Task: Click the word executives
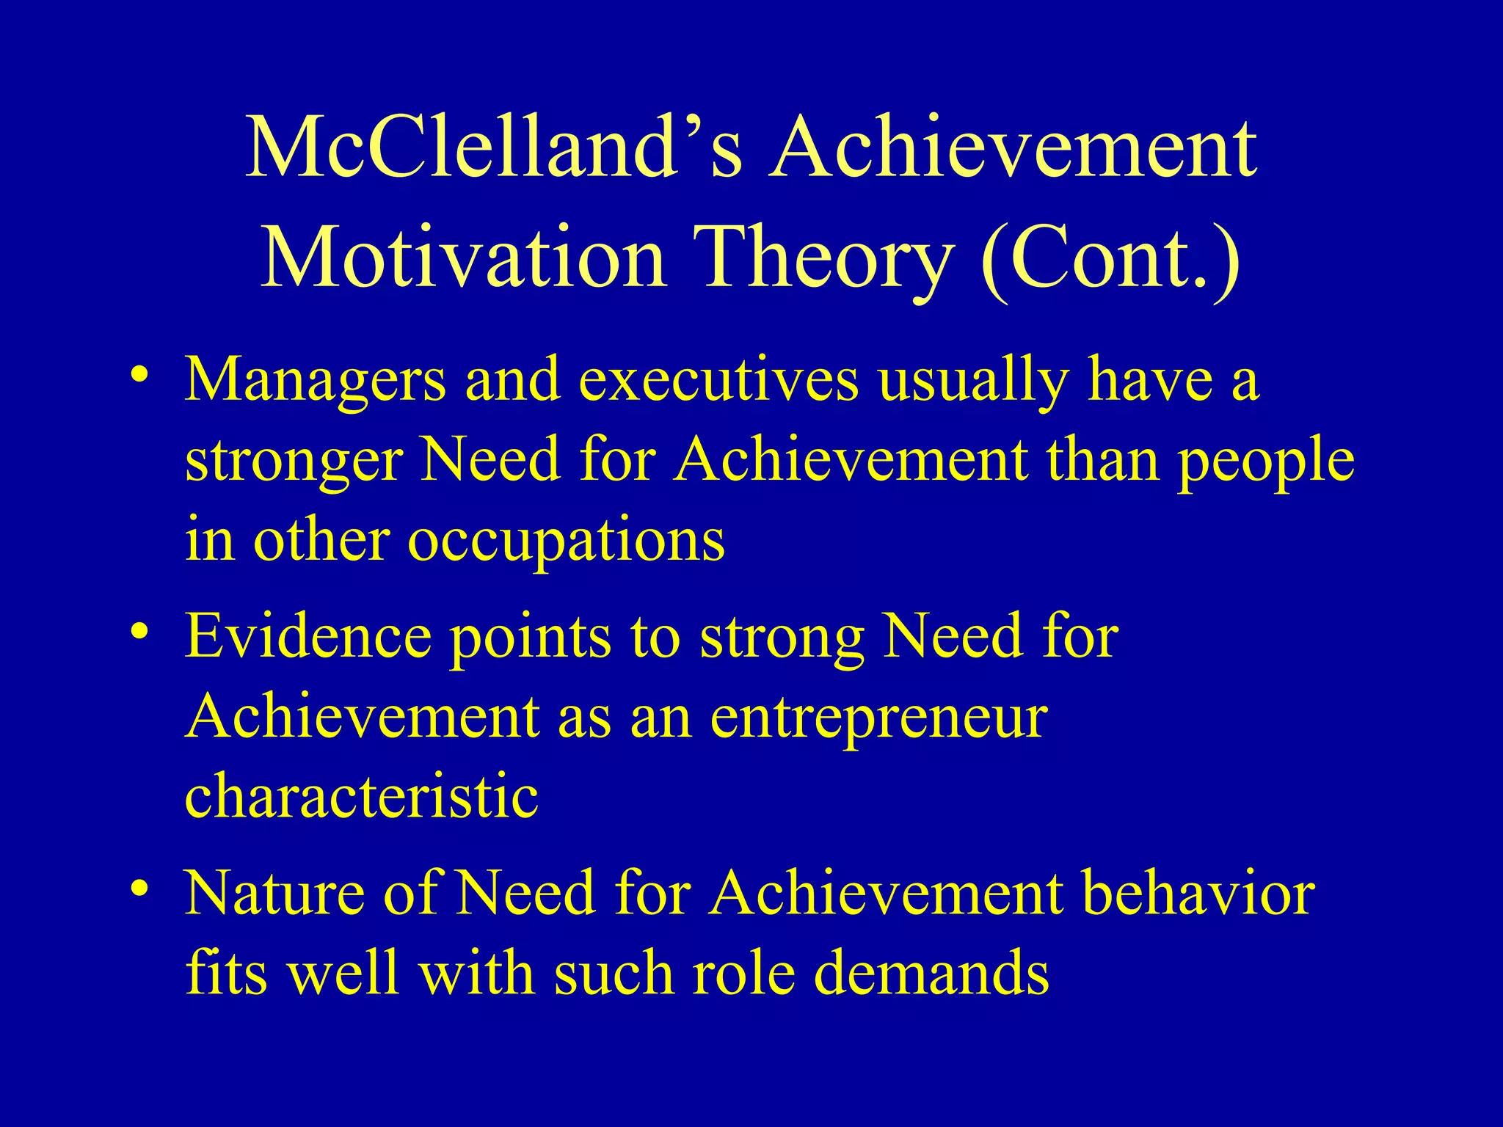718,382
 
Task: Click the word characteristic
361,796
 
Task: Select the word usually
973,382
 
